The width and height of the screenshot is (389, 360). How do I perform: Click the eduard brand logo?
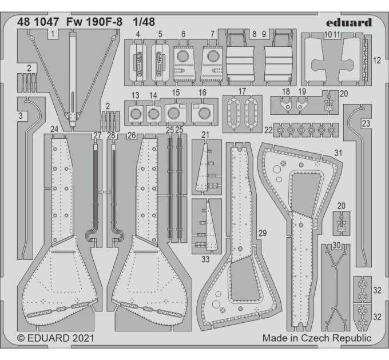(x=349, y=23)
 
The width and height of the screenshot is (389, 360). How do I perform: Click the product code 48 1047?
(x=38, y=22)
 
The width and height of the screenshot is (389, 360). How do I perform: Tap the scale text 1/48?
(x=144, y=22)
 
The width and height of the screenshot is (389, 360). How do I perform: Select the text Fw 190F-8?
(x=94, y=22)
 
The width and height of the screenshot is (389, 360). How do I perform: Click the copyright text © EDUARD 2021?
(x=55, y=338)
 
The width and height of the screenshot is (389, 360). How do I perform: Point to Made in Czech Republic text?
(x=317, y=338)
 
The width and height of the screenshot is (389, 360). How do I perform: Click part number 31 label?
(x=338, y=153)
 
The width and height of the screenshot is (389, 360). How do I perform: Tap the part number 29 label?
(x=263, y=233)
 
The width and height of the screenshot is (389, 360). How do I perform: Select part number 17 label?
(x=242, y=91)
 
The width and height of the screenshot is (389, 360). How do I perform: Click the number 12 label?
(x=376, y=60)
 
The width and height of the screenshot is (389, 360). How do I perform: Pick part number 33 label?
(x=205, y=259)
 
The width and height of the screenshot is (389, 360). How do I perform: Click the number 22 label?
(x=268, y=130)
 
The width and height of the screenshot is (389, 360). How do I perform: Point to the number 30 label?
(x=336, y=245)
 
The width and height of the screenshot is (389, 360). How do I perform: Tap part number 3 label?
(x=21, y=115)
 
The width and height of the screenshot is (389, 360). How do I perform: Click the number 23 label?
(x=366, y=123)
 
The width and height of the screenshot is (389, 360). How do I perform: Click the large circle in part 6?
(x=183, y=56)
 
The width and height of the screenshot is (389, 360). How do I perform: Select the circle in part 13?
(x=136, y=114)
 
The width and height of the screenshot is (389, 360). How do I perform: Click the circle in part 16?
(x=204, y=113)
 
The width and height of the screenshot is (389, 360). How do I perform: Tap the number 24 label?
(x=54, y=129)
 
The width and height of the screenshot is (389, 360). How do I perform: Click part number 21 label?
(x=205, y=135)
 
